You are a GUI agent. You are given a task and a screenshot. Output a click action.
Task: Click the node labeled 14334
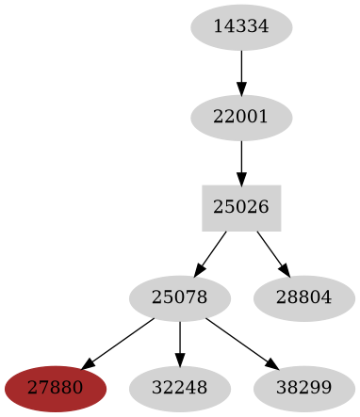(x=241, y=27)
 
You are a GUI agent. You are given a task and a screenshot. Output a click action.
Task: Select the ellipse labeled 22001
(x=241, y=118)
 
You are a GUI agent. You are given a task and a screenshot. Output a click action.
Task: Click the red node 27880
(x=55, y=388)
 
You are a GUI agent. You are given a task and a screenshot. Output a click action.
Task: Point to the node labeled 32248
(x=179, y=388)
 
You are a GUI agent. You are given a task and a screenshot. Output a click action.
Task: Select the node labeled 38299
(x=303, y=388)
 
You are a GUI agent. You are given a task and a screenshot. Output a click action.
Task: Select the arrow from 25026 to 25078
(x=212, y=251)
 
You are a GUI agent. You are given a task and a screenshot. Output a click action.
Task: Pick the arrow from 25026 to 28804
(x=270, y=251)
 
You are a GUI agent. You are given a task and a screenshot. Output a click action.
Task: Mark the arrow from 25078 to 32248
(x=179, y=343)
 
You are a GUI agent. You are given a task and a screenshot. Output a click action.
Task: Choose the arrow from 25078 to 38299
(x=239, y=342)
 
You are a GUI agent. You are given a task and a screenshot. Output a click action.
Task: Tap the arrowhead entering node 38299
(x=270, y=363)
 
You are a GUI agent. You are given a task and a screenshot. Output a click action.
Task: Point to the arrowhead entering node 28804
(x=284, y=271)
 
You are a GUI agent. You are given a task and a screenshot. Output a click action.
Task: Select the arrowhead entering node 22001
(x=241, y=90)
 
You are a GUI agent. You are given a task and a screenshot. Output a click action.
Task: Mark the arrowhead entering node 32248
(x=179, y=361)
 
